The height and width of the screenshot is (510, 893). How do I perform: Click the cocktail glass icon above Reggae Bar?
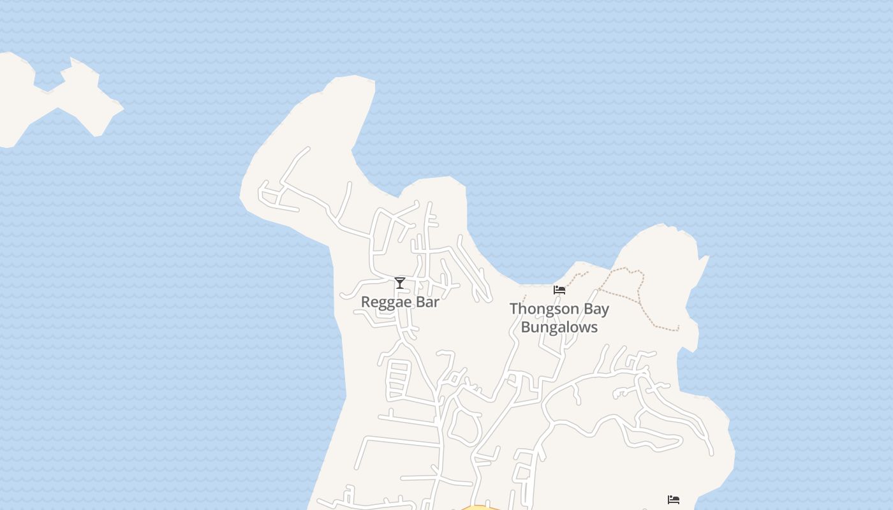click(400, 283)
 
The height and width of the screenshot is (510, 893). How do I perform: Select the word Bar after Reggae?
click(425, 302)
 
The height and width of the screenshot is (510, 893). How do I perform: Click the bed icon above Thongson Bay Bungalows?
click(559, 290)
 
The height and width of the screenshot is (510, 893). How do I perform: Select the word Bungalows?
click(559, 327)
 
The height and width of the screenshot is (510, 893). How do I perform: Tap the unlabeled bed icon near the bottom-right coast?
click(673, 500)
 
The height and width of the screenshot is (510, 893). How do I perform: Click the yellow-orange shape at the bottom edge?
click(478, 507)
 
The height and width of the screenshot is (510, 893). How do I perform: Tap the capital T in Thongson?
click(513, 309)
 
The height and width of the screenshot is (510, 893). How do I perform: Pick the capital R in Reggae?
click(365, 302)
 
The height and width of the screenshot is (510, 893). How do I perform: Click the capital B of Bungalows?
click(526, 327)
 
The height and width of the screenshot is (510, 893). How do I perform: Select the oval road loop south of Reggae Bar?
click(464, 426)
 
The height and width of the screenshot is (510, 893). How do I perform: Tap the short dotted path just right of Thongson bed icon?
click(577, 277)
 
